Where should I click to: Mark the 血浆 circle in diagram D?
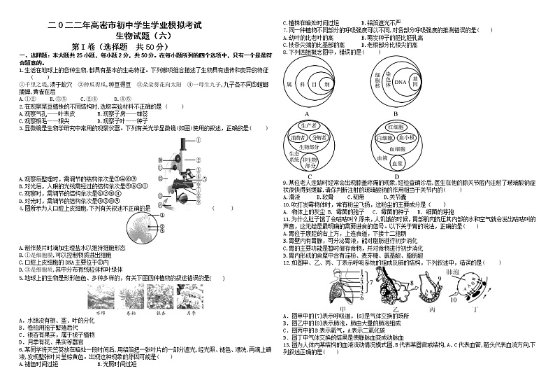point(396,163)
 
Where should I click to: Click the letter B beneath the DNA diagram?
point(395,113)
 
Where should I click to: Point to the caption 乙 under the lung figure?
point(396,309)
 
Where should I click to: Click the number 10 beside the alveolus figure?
point(454,299)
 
